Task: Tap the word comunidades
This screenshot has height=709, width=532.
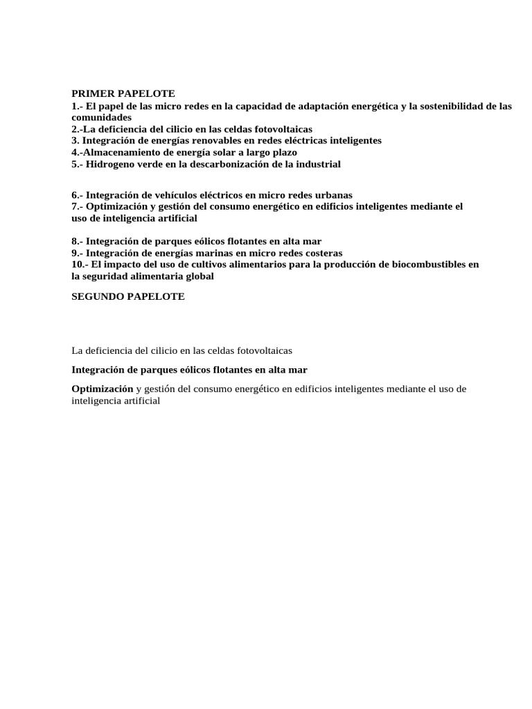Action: (x=101, y=117)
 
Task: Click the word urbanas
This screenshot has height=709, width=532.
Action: (x=331, y=195)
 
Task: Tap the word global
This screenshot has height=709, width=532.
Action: (x=199, y=276)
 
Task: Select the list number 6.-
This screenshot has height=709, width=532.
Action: (x=78, y=195)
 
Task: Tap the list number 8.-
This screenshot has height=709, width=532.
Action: (x=78, y=242)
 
